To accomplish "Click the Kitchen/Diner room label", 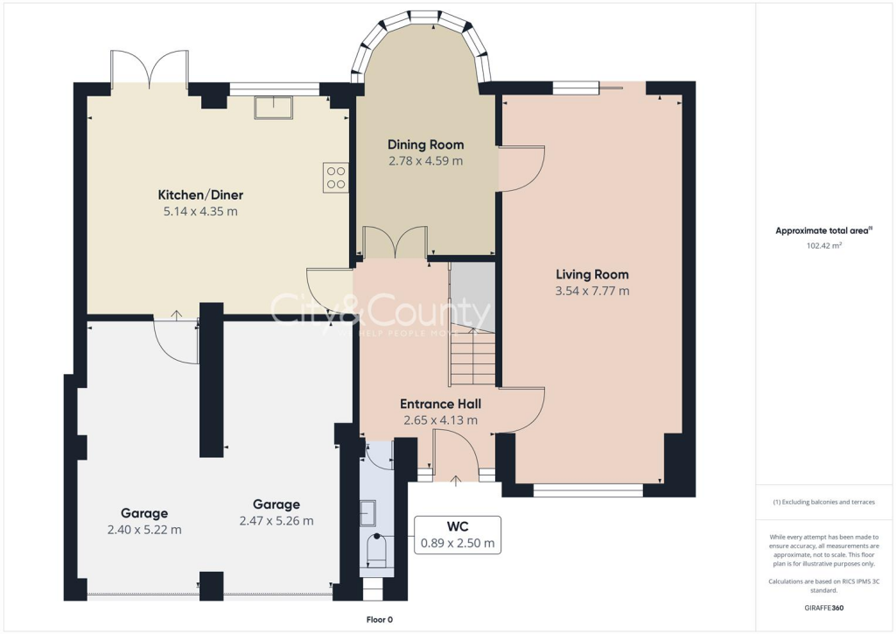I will (x=200, y=194).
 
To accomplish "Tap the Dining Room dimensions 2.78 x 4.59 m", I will (x=425, y=161).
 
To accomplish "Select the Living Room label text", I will (x=591, y=274).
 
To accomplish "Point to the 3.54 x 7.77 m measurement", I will (x=591, y=291).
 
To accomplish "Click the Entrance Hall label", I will (x=440, y=404).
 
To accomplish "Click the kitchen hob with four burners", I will (x=335, y=178).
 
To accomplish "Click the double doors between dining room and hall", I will (x=395, y=243).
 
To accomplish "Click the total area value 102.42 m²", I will (x=824, y=246).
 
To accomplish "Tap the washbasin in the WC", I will (x=369, y=511).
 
